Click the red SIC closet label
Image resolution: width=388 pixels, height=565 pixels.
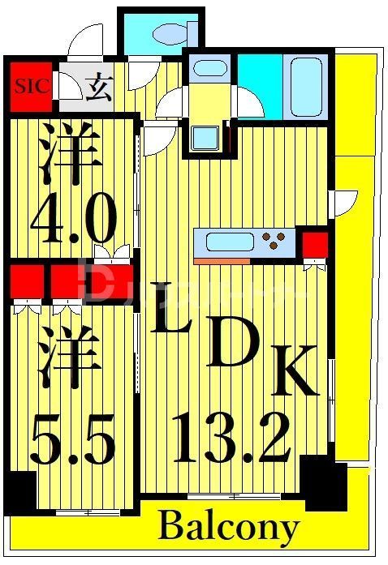click(30, 84)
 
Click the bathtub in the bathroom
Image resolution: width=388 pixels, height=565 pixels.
click(307, 86)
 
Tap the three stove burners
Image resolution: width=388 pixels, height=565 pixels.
click(278, 241)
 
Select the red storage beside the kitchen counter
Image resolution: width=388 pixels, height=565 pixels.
click(314, 244)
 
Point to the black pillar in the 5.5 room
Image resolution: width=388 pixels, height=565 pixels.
click(19, 490)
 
